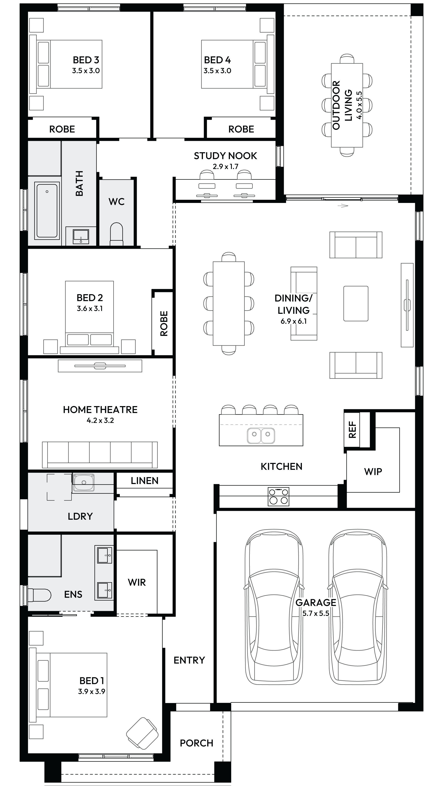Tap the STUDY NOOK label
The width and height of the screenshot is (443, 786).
(225, 156)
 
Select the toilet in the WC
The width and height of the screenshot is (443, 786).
(116, 234)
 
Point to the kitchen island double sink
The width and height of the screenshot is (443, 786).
(261, 435)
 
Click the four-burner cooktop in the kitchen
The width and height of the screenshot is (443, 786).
(278, 496)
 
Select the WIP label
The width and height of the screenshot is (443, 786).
(373, 472)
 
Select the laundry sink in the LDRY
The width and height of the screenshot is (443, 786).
(83, 482)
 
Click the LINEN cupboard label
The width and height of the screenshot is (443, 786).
(145, 481)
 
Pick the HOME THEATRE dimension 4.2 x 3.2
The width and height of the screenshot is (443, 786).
(100, 420)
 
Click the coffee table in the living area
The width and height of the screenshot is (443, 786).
(356, 304)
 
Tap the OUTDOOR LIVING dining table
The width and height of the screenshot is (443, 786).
(347, 105)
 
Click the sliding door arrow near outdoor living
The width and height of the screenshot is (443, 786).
(343, 206)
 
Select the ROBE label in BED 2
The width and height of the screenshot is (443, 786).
(164, 324)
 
